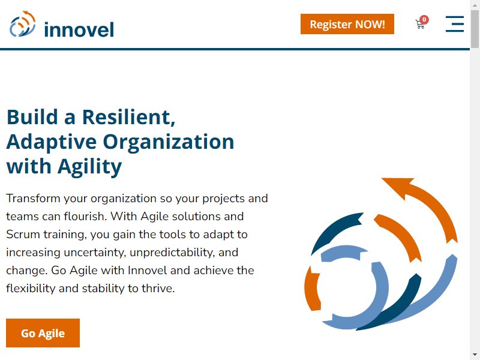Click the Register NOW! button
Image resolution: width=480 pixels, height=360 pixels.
tap(347, 24)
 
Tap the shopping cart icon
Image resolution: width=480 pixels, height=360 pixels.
tap(420, 24)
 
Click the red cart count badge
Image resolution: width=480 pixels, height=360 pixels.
tap(424, 20)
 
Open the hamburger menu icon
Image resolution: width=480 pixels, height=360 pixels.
tap(455, 24)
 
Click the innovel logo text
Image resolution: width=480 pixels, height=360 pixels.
tap(79, 29)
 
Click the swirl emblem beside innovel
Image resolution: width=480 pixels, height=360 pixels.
tap(23, 24)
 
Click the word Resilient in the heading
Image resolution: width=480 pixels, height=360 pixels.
tap(128, 117)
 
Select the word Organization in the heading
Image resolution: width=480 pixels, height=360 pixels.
tap(169, 142)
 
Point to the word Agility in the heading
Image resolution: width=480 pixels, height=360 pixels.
tap(89, 167)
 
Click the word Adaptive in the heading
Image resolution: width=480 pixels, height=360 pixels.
tap(52, 142)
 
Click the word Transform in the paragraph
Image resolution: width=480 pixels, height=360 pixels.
tap(34, 199)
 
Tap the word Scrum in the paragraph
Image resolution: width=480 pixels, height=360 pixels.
tap(23, 235)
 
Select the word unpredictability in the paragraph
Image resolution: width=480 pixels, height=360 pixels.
tap(172, 253)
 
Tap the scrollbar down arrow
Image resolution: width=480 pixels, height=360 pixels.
tap(475, 355)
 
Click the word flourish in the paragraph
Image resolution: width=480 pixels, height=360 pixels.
tap(85, 217)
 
